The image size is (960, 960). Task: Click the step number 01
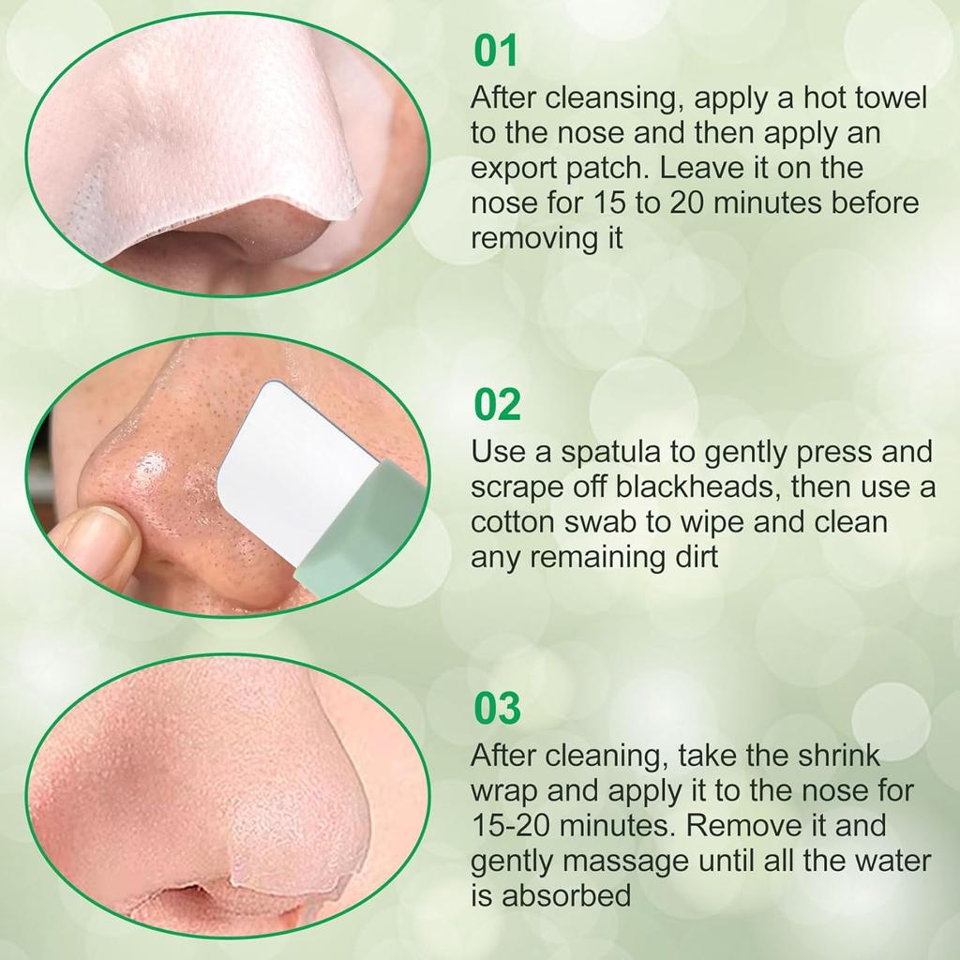[496, 52]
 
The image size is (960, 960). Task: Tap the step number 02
[497, 407]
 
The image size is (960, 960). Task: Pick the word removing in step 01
[530, 238]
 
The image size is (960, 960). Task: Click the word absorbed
[568, 895]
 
